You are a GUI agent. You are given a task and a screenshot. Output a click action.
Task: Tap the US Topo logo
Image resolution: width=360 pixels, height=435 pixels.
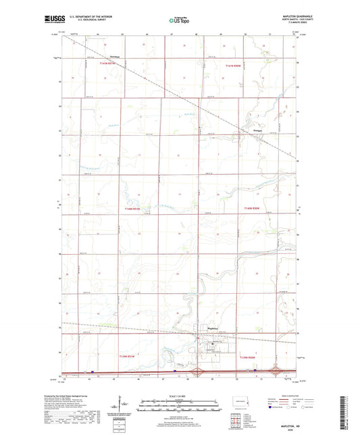(x=178, y=20)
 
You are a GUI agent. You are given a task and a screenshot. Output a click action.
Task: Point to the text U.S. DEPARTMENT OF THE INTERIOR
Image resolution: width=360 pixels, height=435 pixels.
(x=86, y=16)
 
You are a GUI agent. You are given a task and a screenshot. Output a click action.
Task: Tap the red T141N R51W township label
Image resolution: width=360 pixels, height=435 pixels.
(x=107, y=63)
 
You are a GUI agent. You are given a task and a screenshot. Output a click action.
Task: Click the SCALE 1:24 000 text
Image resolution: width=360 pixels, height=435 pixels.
(x=179, y=396)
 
